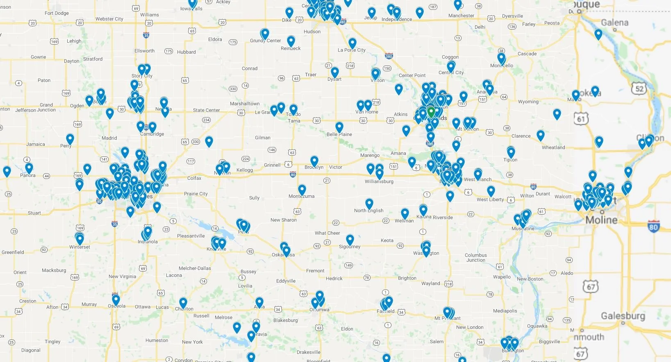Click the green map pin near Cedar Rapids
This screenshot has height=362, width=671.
click(431, 111)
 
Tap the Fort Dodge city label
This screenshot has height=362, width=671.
click(57, 13)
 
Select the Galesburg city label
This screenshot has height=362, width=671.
click(623, 316)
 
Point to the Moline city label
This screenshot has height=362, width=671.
click(601, 220)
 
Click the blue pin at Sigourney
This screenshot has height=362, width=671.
click(350, 240)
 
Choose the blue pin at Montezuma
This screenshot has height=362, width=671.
click(302, 190)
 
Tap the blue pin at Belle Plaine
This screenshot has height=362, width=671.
click(339, 127)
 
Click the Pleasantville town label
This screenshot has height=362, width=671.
click(191, 236)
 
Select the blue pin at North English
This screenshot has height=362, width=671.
click(369, 204)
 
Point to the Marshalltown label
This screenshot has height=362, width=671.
click(245, 104)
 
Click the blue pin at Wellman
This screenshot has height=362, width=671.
click(405, 213)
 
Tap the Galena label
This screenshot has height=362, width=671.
click(614, 23)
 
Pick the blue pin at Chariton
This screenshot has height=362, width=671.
click(183, 303)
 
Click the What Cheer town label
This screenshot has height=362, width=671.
click(327, 233)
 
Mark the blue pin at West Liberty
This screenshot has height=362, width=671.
click(491, 190)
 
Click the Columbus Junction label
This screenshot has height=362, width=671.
click(475, 258)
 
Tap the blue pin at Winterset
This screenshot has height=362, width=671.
click(80, 238)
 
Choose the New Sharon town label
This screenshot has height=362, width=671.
click(283, 220)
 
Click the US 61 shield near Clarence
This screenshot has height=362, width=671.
click(581, 119)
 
